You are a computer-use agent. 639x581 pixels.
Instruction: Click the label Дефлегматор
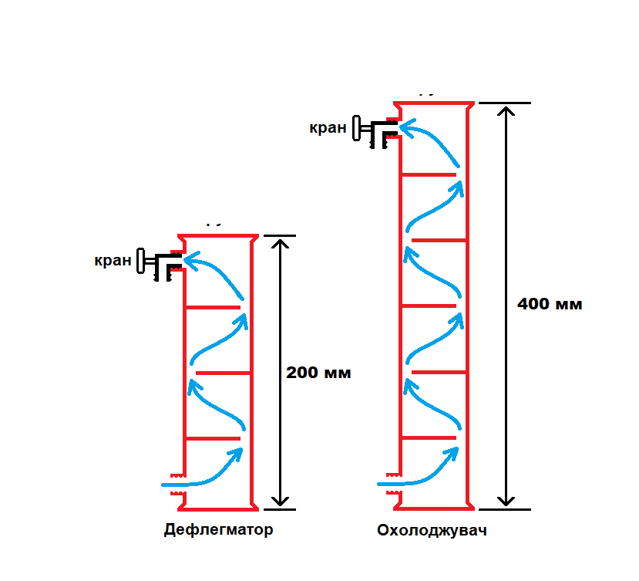218,530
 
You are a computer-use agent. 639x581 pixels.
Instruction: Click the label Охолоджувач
432,531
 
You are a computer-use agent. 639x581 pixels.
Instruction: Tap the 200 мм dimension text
318,373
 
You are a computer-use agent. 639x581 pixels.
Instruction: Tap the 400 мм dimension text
550,304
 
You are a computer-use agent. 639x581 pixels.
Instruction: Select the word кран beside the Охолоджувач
328,127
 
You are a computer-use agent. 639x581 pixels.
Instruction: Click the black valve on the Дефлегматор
159,263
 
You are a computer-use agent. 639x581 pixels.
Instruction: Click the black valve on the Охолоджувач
374,130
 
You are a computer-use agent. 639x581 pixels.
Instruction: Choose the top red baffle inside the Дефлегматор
212,307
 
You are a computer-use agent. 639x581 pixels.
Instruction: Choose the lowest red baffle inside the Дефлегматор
212,438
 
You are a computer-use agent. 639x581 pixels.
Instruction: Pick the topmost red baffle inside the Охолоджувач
429,174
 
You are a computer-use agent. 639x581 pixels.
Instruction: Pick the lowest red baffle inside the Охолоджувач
429,438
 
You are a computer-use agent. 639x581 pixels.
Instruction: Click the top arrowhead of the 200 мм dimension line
281,242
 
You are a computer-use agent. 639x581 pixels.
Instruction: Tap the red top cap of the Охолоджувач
433,103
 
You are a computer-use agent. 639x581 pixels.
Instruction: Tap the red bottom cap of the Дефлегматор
218,508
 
